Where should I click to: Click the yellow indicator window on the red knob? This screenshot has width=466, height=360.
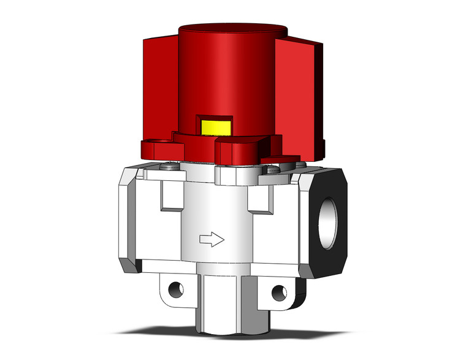(216, 127)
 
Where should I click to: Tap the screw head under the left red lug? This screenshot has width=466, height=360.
(169, 164)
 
